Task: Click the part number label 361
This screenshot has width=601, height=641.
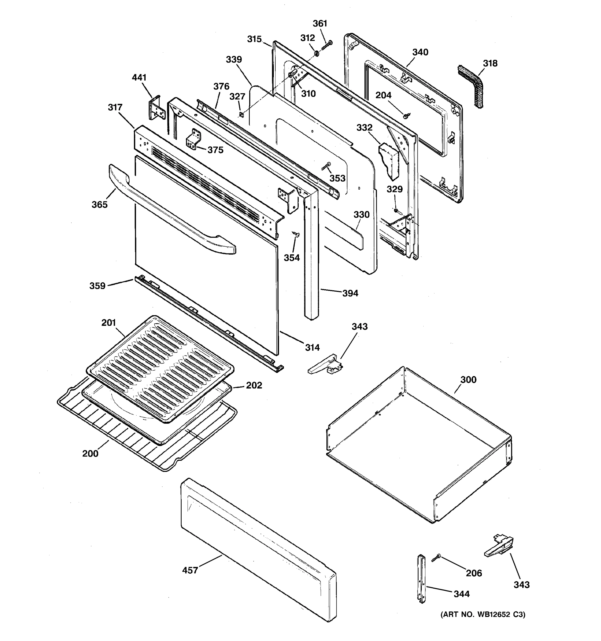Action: (x=320, y=24)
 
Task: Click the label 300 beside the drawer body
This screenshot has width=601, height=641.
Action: (x=468, y=380)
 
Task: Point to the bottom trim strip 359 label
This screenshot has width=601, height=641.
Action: (x=97, y=286)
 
